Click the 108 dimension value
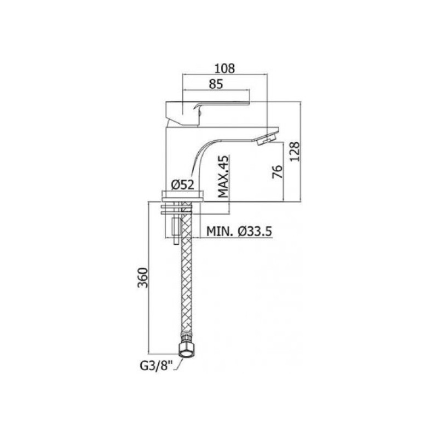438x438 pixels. point(224,68)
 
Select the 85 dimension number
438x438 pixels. point(216,84)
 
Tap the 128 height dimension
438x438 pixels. point(295,152)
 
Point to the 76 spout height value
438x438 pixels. point(278,171)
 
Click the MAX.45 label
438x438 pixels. point(223,176)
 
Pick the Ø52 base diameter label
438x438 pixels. point(183,185)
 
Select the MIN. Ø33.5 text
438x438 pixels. point(239,231)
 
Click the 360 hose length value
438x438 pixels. point(143,278)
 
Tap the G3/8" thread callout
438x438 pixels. point(157,366)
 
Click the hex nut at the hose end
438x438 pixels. point(186,349)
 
